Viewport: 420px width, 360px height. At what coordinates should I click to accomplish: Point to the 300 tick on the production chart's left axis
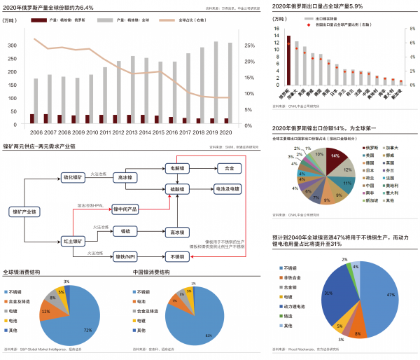point(12,45)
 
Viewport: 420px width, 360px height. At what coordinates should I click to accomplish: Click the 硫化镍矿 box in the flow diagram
point(73,178)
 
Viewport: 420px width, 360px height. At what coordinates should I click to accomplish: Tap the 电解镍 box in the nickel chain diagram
point(178,169)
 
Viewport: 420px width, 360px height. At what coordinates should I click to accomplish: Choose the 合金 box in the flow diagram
point(229,169)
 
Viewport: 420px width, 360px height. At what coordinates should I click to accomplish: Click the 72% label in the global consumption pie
point(87,328)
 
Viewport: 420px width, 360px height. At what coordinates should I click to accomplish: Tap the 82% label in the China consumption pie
point(208,335)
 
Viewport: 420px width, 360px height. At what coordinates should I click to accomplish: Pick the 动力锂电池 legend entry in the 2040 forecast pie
point(292,306)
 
